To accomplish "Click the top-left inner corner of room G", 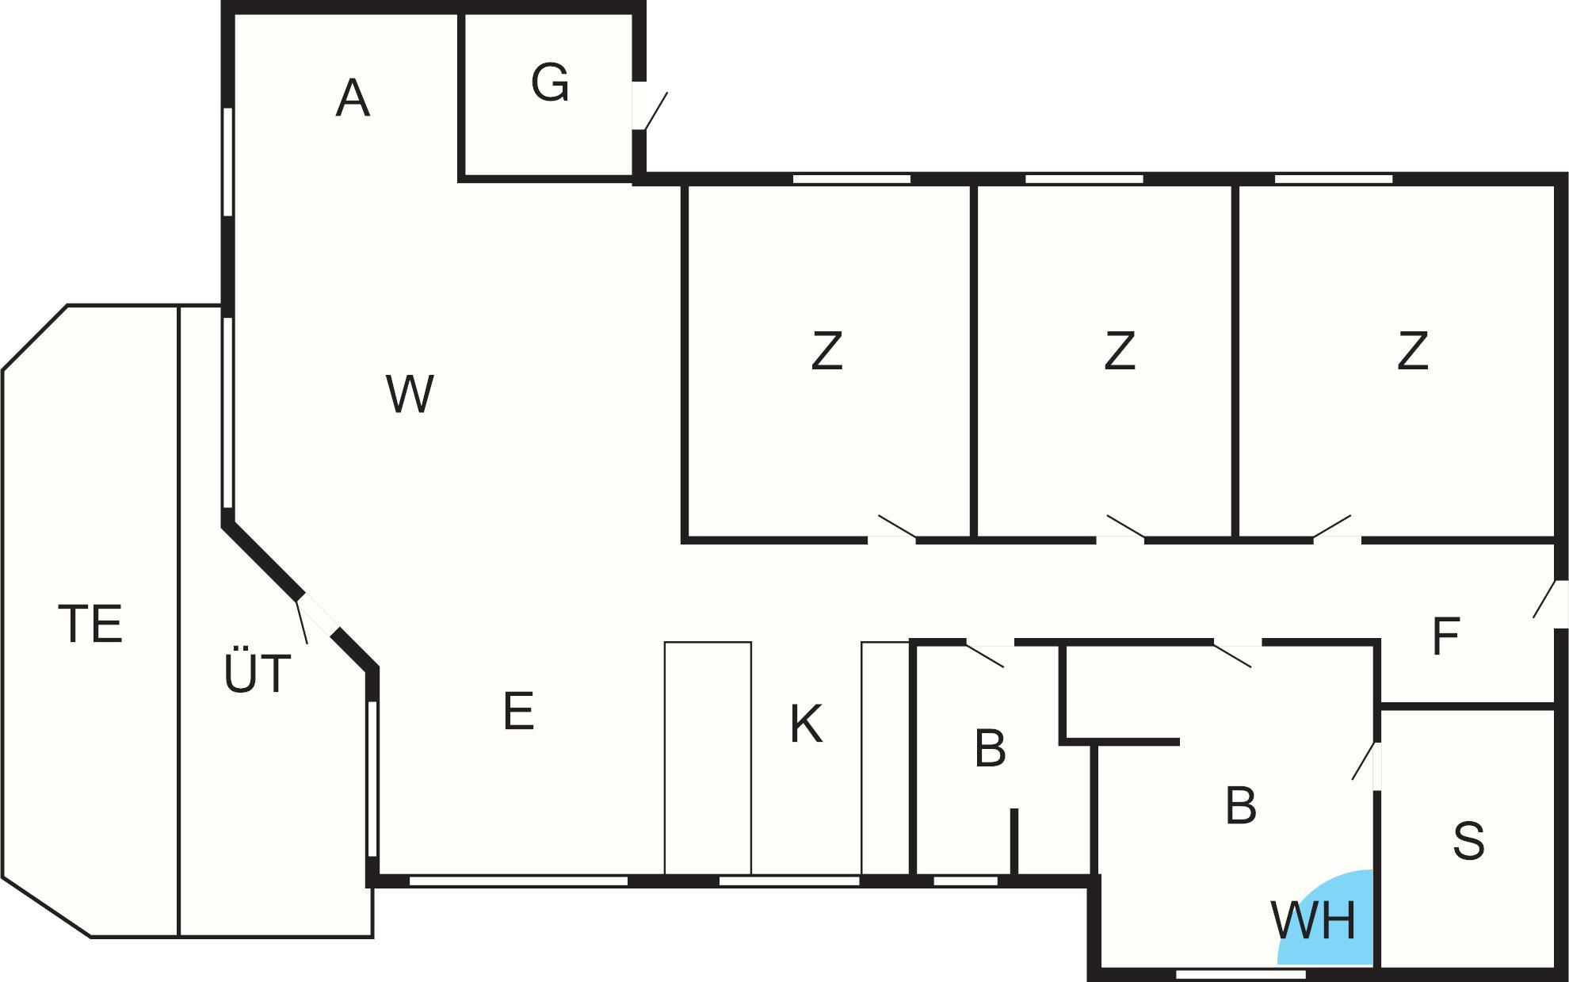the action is tap(465, 15).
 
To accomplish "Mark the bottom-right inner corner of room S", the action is tap(1554, 966).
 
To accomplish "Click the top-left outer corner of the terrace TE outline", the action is tap(67, 305).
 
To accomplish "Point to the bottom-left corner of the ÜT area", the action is tap(179, 938).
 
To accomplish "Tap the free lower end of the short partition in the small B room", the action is tap(1014, 810).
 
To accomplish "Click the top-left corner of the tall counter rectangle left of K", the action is tap(665, 642).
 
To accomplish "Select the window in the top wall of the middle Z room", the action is tap(1084, 179).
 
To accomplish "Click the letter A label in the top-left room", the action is tap(353, 98).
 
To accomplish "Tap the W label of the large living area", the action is tap(410, 394).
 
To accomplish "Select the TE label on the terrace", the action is tap(90, 624).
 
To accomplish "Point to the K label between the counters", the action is tap(807, 724).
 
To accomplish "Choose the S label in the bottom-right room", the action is tap(1468, 841).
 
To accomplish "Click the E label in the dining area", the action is tap(518, 711).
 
